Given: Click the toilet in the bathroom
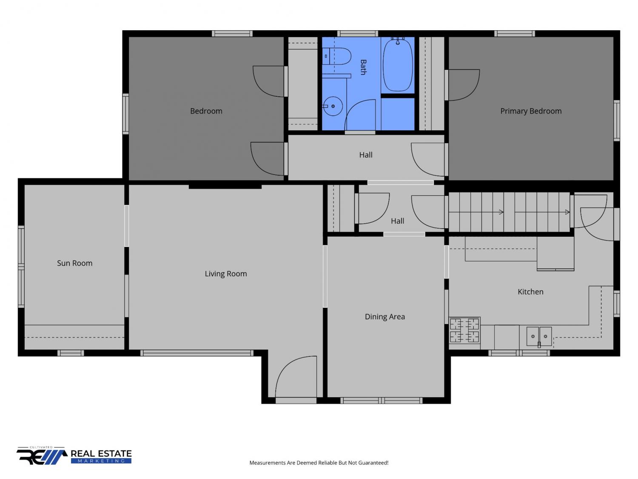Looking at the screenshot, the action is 336,56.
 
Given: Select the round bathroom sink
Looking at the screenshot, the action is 333,106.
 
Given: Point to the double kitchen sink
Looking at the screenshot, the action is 539,336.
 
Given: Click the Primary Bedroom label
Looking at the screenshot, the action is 531,111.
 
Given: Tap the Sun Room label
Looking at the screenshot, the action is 75,263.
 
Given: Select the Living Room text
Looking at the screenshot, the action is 226,274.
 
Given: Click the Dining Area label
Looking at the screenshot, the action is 385,317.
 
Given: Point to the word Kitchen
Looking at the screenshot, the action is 530,292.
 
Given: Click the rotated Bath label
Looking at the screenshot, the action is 363,67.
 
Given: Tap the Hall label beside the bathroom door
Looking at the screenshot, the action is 366,155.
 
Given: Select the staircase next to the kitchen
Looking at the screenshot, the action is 509,212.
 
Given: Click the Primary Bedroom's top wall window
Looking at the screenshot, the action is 515,34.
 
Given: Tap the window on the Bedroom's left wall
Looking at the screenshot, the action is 125,114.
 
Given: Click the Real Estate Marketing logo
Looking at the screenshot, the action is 74,456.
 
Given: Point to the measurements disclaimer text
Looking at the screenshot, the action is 319,463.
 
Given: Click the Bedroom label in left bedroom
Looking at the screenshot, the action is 206,111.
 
